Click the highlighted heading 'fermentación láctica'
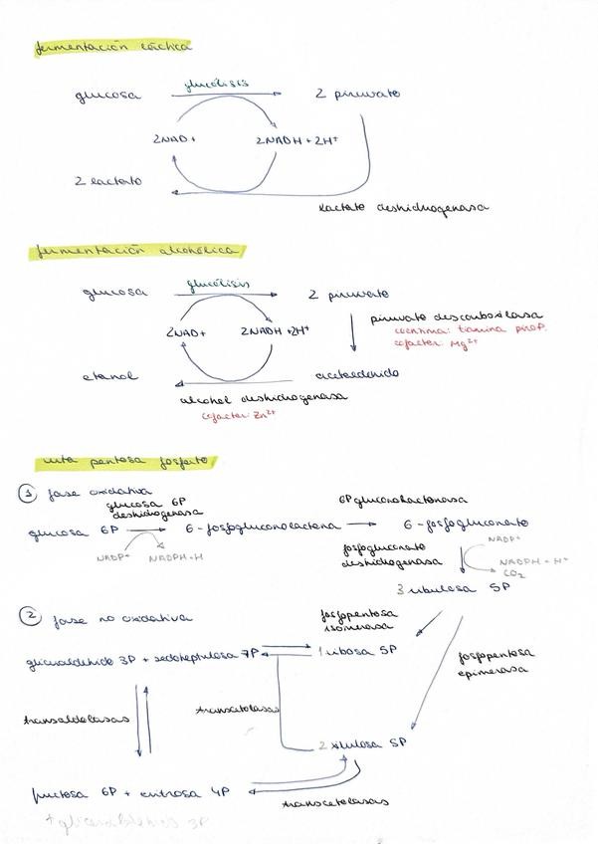[x=112, y=47]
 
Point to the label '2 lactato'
[x=108, y=181]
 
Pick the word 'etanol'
[x=110, y=377]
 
